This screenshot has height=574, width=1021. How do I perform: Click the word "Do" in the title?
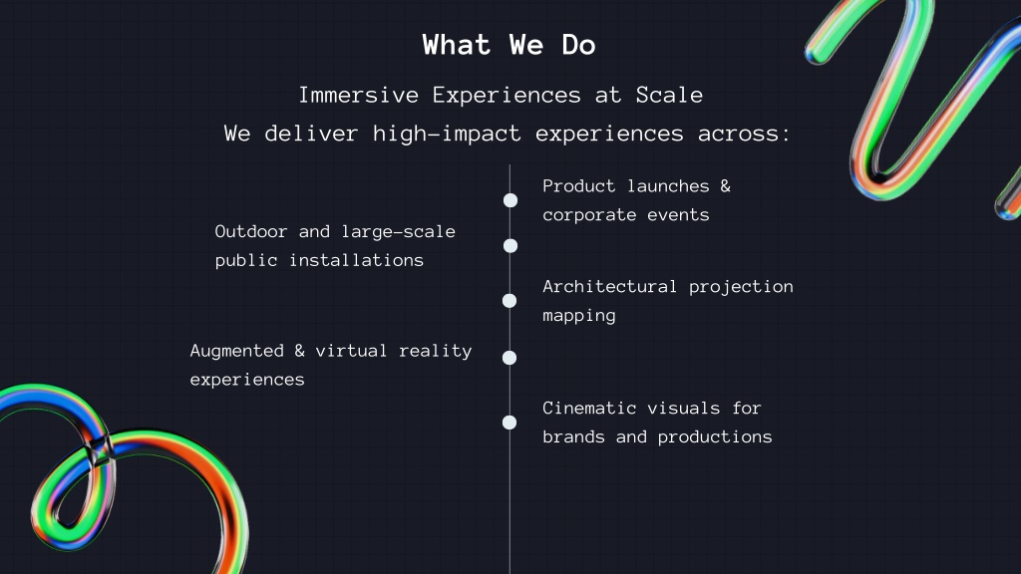[579, 45]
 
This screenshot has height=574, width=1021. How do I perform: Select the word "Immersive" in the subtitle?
[359, 95]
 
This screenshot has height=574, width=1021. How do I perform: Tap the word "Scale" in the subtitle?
[669, 95]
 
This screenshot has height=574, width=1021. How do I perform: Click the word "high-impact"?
[447, 134]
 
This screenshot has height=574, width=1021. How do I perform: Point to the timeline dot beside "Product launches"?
[510, 200]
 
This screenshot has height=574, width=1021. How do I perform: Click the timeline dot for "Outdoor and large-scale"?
[510, 245]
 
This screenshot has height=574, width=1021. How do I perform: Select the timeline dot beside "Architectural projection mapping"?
[510, 301]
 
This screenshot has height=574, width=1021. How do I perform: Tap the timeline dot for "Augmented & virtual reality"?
[510, 358]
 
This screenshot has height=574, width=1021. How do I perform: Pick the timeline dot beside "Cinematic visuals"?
[510, 423]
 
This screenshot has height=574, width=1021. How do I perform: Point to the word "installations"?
[356, 260]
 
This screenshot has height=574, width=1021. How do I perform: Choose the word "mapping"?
[579, 316]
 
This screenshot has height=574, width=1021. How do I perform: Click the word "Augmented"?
[237, 352]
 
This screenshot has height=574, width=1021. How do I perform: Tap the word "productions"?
[715, 437]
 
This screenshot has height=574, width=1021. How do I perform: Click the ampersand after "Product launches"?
[726, 186]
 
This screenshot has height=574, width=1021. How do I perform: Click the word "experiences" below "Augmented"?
[247, 380]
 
